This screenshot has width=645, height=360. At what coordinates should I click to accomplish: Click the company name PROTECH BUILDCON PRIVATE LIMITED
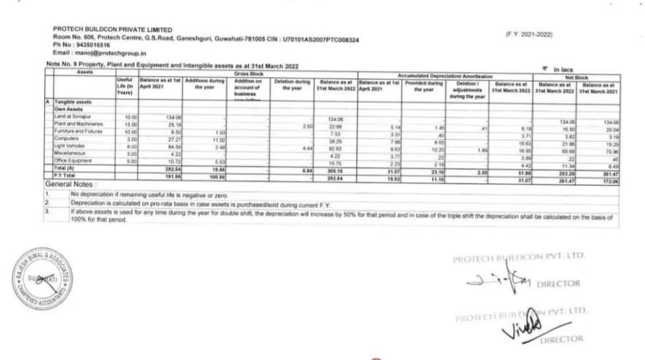tap(112, 30)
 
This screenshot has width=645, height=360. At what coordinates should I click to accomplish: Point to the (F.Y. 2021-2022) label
tap(529, 34)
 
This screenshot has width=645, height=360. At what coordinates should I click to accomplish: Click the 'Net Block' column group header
tap(576, 77)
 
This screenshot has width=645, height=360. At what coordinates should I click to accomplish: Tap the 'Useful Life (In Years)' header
tap(126, 89)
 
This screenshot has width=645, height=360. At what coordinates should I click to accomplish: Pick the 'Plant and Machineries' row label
tap(78, 124)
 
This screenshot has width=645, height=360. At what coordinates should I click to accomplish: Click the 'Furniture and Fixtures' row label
tap(79, 130)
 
